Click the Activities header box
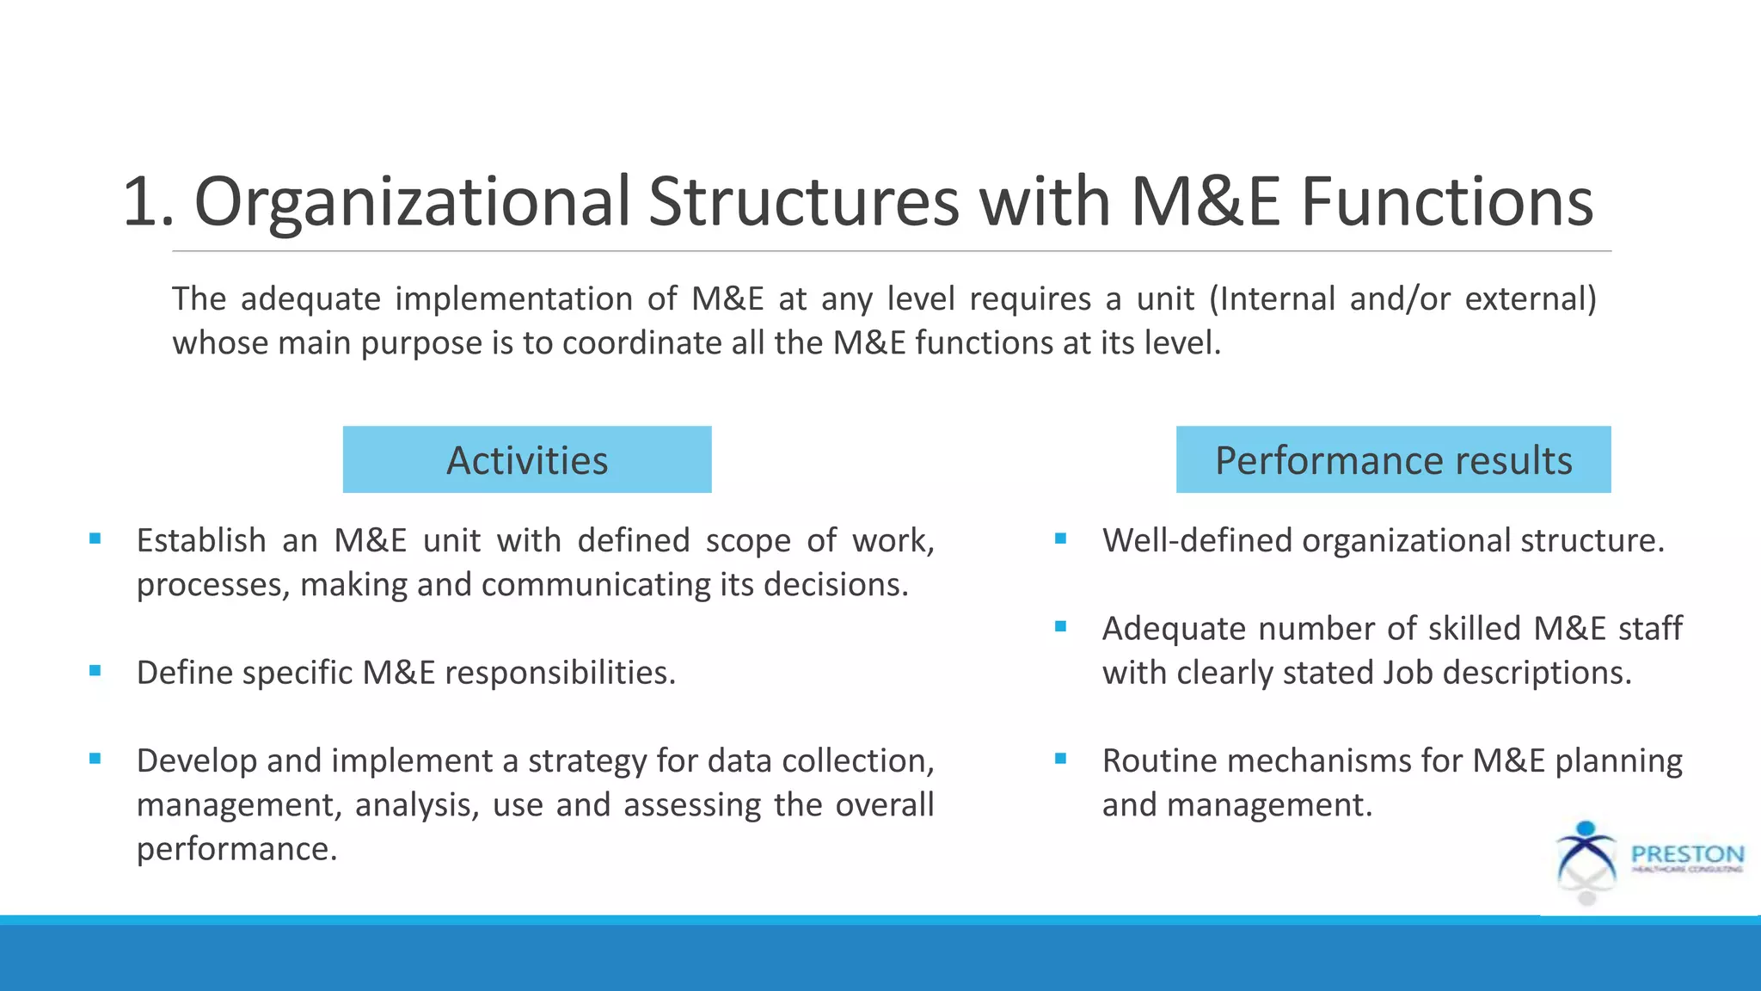point(527,459)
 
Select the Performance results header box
point(1393,459)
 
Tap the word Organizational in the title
point(412,202)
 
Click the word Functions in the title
point(1447,202)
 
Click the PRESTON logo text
point(1687,854)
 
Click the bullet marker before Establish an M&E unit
point(95,539)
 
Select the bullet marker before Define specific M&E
point(95,671)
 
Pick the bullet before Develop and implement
point(95,759)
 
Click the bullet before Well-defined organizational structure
point(1060,539)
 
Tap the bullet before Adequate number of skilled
point(1060,627)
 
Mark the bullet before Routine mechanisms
point(1060,759)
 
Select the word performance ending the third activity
point(236,850)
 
